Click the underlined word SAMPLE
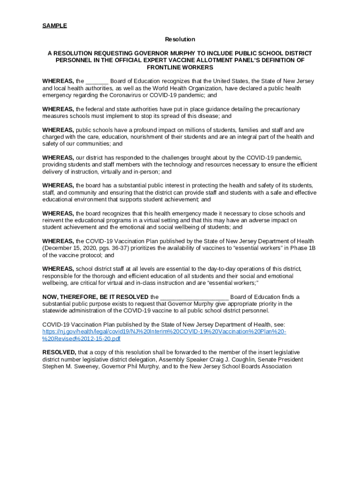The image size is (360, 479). (x=55, y=26)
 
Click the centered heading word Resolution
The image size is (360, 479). (x=180, y=39)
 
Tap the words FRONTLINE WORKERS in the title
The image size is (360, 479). (x=180, y=67)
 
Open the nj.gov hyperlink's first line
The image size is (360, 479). (x=164, y=332)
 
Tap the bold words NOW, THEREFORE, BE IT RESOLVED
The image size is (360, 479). (x=95, y=297)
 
